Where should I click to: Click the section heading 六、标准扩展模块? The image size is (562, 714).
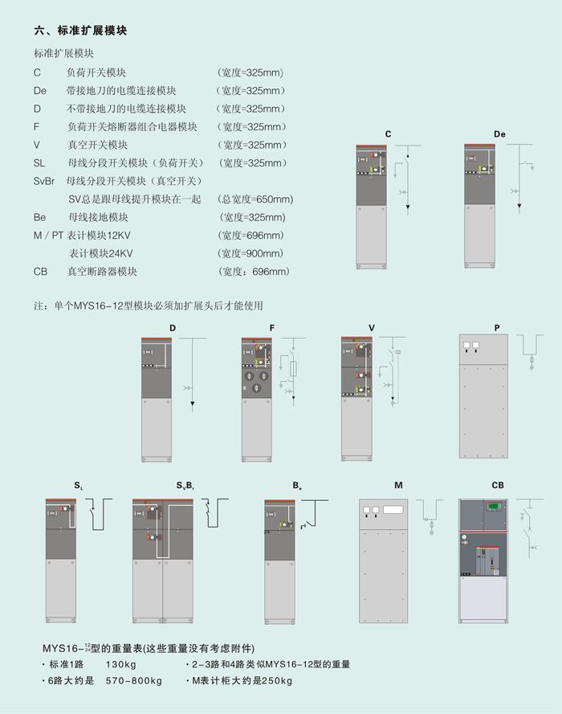(80, 31)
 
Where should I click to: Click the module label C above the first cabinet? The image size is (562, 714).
(388, 133)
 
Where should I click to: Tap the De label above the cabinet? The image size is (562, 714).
(499, 133)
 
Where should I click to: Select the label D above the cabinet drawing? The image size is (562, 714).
(172, 328)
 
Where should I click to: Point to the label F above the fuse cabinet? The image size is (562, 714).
(272, 328)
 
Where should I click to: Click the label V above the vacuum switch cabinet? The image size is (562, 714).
(372, 328)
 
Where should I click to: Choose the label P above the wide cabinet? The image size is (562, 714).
(497, 328)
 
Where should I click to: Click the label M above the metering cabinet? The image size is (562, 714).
(398, 486)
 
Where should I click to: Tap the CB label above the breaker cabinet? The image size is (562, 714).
(498, 486)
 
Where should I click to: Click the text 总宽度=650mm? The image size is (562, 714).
(255, 199)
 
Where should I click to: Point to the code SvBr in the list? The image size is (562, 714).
(47, 181)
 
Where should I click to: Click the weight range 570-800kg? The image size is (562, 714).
(134, 681)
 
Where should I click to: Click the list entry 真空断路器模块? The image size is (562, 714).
(103, 272)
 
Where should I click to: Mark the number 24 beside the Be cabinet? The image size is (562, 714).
(267, 532)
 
